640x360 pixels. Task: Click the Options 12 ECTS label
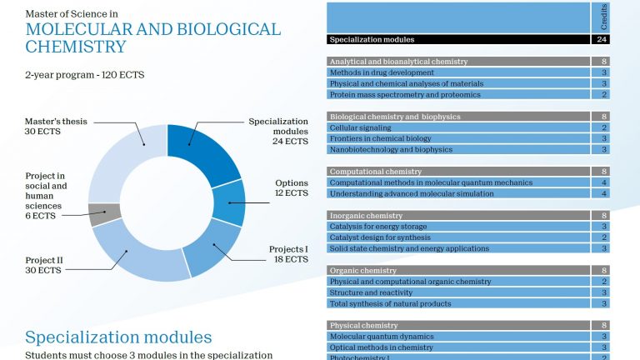[292, 187]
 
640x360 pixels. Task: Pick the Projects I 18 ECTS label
[288, 254]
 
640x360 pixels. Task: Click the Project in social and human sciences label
[45, 196]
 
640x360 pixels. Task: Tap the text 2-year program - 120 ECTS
[85, 74]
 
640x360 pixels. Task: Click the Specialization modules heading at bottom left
[118, 337]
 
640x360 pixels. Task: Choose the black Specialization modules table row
[458, 39]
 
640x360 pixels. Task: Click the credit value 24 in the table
[602, 39]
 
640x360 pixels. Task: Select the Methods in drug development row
[458, 72]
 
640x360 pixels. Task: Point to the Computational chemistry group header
[458, 172]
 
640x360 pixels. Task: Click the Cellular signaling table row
[458, 127]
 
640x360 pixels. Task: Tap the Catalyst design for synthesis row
[458, 237]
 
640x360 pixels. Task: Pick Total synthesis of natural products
[458, 303]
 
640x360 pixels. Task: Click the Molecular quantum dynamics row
[458, 336]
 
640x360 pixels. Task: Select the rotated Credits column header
[603, 16]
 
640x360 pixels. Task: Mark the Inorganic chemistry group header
[458, 216]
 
